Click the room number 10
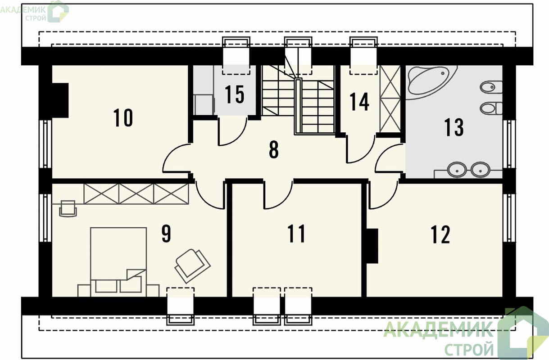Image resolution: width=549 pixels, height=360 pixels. [123, 118]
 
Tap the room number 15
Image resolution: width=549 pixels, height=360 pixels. [235, 94]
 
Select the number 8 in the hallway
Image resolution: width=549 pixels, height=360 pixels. [274, 150]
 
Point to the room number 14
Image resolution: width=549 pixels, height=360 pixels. [359, 102]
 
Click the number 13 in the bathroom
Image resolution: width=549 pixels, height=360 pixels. [454, 127]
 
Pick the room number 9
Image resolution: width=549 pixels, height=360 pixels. [166, 234]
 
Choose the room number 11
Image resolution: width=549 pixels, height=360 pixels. [296, 234]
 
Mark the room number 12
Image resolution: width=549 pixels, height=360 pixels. [440, 235]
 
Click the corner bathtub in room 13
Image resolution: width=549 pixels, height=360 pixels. [431, 82]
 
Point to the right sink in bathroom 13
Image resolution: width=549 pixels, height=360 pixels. [481, 170]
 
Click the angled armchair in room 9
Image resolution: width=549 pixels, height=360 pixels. [192, 266]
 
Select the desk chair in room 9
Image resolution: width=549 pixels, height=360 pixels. [68, 209]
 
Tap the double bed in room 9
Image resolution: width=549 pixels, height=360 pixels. [118, 262]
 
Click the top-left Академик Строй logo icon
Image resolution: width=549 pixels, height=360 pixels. [58, 12]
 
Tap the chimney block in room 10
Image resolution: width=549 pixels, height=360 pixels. [60, 101]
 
